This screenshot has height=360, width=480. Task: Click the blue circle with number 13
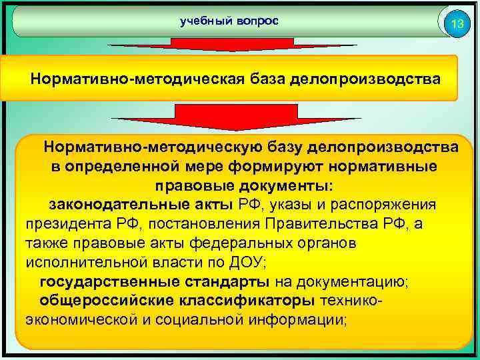(457, 25)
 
